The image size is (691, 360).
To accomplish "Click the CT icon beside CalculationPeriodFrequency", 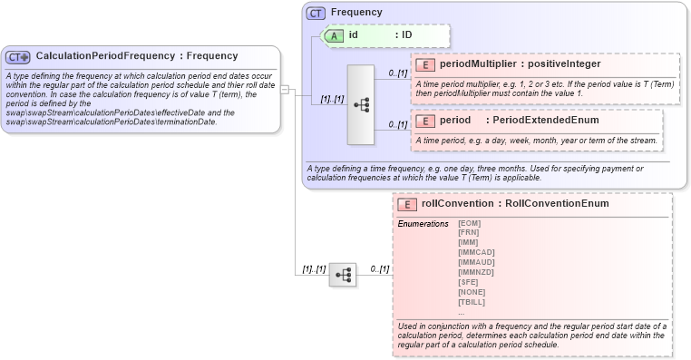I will pos(18,56).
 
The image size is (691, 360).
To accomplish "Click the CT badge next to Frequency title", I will pos(316,13).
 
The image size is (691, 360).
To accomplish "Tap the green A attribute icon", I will pos(336,34).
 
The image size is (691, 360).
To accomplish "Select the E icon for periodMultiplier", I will pos(426,64).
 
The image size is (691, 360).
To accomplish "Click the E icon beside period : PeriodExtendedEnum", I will pos(426,120).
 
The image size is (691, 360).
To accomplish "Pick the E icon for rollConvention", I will pos(409,204).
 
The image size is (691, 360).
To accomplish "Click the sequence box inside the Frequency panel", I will pos(360,104).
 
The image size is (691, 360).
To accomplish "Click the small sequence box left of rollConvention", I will pos(342,274).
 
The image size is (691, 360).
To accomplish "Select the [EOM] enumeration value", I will pos(469,223).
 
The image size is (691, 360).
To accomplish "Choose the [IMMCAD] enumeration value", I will pos(476,252).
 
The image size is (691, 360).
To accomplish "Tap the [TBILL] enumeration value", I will pos(472,302).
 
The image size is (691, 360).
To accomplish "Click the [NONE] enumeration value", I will pos(472,292).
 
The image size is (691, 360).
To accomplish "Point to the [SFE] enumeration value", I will pos(469,282).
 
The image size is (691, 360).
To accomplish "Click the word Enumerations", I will pos(423,223).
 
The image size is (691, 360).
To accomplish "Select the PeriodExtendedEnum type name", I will pos(546,120).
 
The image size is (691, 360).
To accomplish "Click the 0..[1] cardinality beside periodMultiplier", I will pos(397,73).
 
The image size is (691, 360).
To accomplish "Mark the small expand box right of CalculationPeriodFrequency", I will pos(284,89).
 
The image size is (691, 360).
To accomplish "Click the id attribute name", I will pos(354,34).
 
